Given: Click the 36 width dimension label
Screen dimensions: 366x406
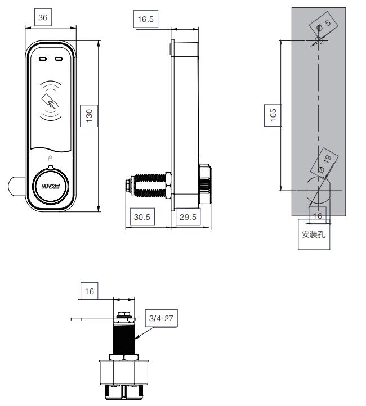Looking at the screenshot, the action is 43,17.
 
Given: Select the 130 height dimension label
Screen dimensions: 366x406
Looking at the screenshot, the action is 89,116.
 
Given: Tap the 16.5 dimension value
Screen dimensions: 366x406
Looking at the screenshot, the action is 146,19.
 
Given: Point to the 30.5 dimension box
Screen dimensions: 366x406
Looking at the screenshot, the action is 142,216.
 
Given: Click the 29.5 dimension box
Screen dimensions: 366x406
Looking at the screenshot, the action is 188,216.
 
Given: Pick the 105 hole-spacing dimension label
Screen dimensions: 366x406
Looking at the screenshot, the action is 273,115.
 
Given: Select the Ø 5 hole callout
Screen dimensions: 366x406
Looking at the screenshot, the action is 324,25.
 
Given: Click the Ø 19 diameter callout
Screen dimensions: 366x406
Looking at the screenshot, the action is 324,163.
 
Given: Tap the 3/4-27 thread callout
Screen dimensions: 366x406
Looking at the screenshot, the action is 161,318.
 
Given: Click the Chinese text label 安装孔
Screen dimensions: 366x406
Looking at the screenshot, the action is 314,234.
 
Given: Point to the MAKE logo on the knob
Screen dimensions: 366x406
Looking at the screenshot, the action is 51,186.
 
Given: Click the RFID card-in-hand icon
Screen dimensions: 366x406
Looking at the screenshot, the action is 50,101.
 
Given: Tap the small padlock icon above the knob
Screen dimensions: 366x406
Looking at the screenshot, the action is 50,158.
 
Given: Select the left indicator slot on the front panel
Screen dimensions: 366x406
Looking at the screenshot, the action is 43,59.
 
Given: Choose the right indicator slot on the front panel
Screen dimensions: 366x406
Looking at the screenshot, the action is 59,59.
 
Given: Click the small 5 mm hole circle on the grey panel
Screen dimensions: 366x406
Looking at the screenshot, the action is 319,40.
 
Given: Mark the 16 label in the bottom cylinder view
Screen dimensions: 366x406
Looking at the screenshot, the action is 90,291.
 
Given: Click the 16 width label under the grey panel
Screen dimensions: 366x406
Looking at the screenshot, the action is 318,216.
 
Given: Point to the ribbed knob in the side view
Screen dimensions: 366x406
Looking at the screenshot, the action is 205,184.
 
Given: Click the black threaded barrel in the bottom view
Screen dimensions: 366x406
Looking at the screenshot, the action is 124,339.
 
